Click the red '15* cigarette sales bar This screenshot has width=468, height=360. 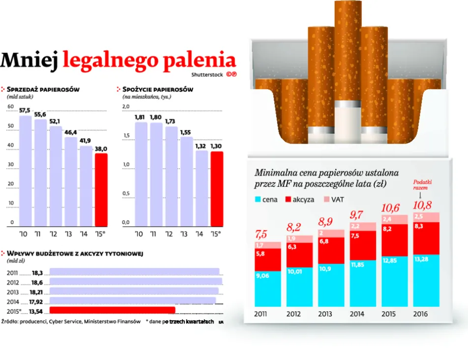pos(101,189)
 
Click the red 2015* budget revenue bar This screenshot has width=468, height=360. pos(113,310)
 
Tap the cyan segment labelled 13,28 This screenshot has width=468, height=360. pos(426,281)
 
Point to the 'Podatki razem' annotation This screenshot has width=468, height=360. pos(421,184)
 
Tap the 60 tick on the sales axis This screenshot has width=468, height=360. pos(10,107)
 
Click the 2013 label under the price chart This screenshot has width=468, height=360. pos(325,314)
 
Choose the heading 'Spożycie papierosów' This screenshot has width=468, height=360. pos(157,90)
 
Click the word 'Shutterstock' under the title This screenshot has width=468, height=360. pos(207,75)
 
